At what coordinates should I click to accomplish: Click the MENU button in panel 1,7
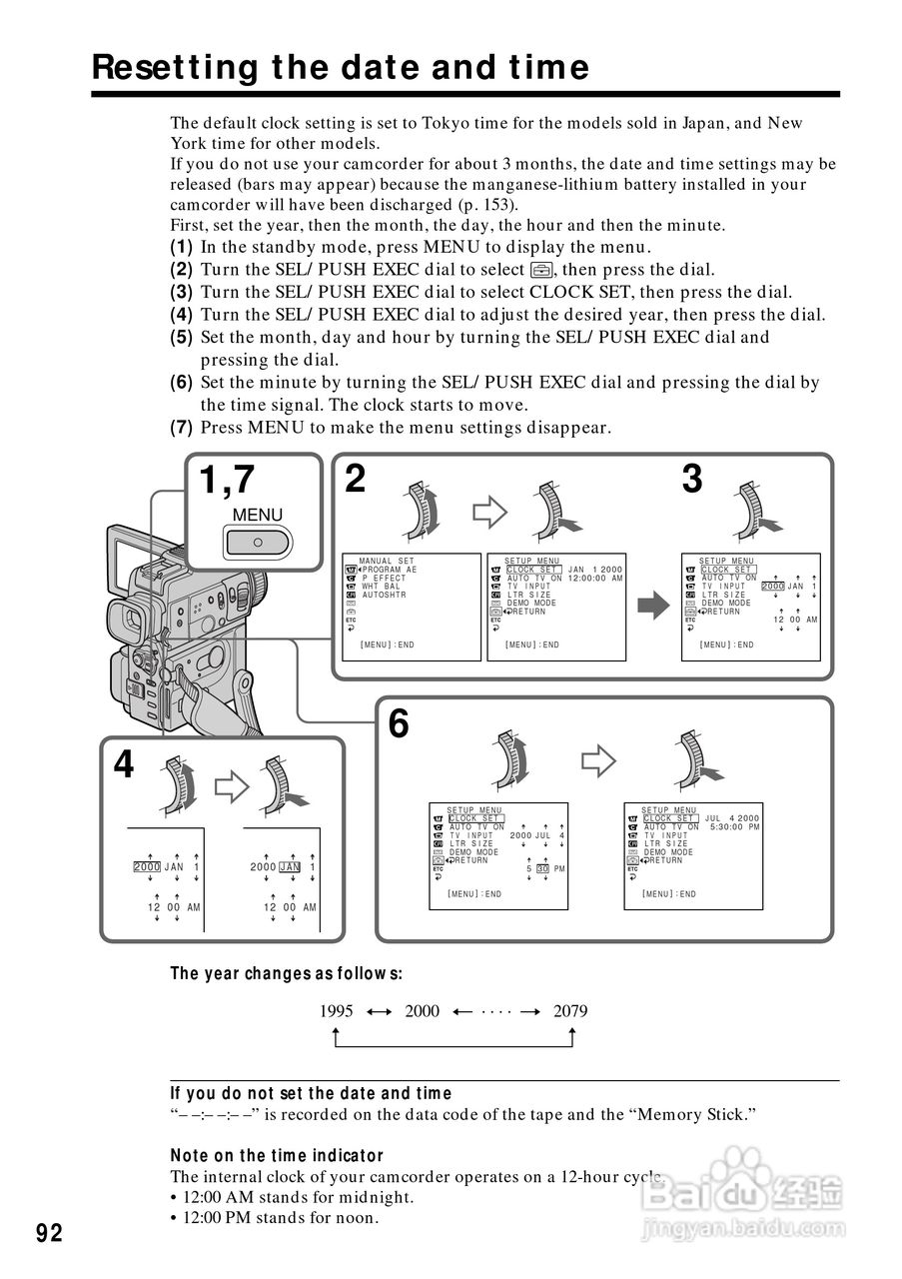tap(258, 542)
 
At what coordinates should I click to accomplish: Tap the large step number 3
tap(692, 481)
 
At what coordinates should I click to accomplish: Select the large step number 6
tap(398, 723)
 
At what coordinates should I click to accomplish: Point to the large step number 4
tap(123, 764)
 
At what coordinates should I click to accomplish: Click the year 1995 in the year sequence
tap(337, 1010)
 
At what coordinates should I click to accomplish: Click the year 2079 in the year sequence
tap(570, 1010)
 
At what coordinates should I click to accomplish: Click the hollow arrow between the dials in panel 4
tap(232, 785)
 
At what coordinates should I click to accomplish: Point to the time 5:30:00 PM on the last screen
tap(734, 827)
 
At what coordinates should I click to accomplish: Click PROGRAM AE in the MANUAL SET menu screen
tap(391, 570)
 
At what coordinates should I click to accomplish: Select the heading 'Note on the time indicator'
tap(277, 1155)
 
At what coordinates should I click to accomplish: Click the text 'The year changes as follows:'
tap(286, 973)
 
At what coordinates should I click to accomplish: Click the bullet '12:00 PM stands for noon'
tap(279, 1217)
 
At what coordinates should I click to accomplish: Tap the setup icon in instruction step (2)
tap(541, 269)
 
